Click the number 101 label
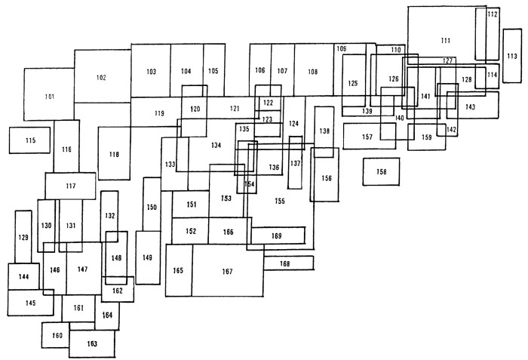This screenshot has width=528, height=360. click(x=50, y=97)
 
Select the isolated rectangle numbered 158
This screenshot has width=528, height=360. click(x=381, y=172)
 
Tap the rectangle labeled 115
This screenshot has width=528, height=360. click(x=30, y=140)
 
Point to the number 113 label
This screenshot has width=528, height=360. click(x=512, y=56)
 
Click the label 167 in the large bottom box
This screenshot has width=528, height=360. click(x=227, y=272)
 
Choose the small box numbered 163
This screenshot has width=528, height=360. click(x=92, y=343)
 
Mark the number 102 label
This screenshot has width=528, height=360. click(x=101, y=78)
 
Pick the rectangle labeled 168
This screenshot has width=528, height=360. click(x=285, y=263)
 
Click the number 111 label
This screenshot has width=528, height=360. click(x=445, y=40)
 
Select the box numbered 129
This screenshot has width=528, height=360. click(x=23, y=237)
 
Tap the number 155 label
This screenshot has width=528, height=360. click(x=279, y=201)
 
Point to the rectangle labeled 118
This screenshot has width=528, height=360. click(x=114, y=154)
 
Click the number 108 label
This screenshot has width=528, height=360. click(x=313, y=71)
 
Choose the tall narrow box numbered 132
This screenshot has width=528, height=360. click(x=109, y=217)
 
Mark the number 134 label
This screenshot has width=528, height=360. click(x=216, y=145)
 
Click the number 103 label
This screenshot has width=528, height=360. click(x=151, y=71)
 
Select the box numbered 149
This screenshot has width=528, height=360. click(x=148, y=258)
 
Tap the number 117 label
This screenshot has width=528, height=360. click(x=71, y=186)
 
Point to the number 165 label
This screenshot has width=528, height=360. click(x=179, y=271)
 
